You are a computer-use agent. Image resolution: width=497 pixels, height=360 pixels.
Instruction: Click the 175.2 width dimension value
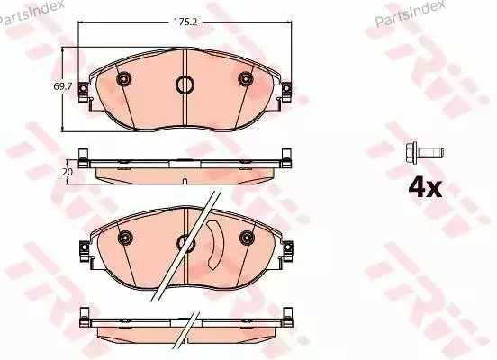pyautogui.click(x=185, y=22)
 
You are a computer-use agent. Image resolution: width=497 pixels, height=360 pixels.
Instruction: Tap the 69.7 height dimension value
pyautogui.click(x=63, y=86)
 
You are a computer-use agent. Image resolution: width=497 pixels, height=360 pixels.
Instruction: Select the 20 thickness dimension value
pyautogui.click(x=68, y=172)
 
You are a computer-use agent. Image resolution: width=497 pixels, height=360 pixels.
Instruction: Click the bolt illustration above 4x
pyautogui.click(x=424, y=153)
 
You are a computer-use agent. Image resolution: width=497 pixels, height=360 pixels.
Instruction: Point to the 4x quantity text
pyautogui.click(x=425, y=187)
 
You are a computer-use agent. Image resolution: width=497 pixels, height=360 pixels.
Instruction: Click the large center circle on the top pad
pyautogui.click(x=185, y=85)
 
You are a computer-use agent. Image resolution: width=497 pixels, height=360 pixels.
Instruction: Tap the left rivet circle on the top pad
pyautogui.click(x=124, y=78)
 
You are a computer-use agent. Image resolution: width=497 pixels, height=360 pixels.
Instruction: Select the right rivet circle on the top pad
pyautogui.click(x=246, y=78)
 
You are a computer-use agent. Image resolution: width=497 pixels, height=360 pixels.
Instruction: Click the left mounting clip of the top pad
pyautogui.click(x=83, y=92)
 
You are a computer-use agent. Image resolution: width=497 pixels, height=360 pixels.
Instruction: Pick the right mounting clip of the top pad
pyautogui.click(x=286, y=92)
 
